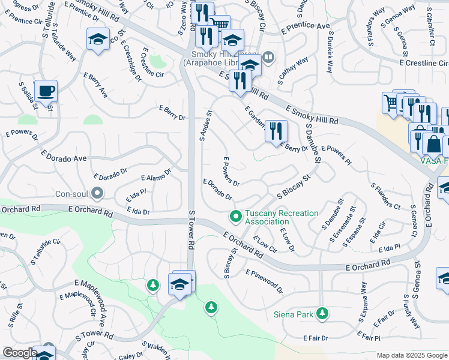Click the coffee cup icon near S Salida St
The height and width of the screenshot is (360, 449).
46,91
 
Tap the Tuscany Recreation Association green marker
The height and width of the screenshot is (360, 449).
236,215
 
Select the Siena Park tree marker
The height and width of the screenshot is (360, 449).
322,313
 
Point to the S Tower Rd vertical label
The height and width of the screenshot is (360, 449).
192,229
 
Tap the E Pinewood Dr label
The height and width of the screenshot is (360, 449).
264,281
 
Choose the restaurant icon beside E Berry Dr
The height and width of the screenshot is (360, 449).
276,131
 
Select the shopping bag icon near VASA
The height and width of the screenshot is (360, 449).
432,144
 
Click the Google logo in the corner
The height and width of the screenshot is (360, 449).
19,353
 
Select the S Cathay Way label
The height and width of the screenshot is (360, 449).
293,70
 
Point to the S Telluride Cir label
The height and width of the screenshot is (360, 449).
47,251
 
